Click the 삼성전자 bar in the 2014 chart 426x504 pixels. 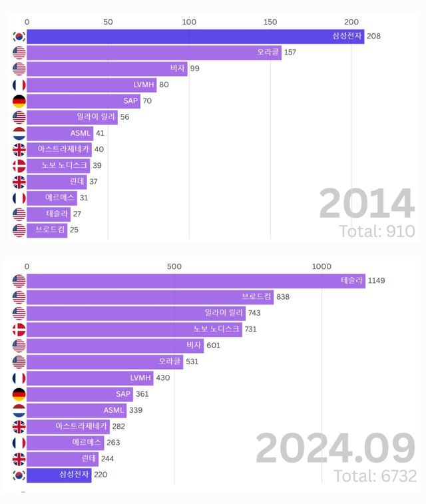(x=193, y=36)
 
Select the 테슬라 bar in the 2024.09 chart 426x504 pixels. (x=193, y=280)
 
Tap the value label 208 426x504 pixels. (x=373, y=36)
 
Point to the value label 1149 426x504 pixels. (x=376, y=280)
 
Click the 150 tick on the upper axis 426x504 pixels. (x=270, y=21)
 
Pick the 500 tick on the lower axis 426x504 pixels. (x=174, y=266)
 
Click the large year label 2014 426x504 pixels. (x=366, y=204)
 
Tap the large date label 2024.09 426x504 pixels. (x=335, y=449)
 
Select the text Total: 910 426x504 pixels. (x=377, y=231)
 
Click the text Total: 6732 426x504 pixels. (x=375, y=476)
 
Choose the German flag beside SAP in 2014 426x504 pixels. (x=19, y=101)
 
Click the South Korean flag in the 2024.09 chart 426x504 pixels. (x=19, y=475)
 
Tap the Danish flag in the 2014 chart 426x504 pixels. (x=19, y=166)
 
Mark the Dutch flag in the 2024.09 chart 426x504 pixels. (x=19, y=410)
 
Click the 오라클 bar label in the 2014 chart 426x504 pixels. (x=268, y=52)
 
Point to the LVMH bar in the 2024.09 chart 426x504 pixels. (x=90, y=378)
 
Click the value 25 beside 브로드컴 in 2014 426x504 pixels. (x=75, y=230)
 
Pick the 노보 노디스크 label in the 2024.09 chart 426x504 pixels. (x=216, y=329)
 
